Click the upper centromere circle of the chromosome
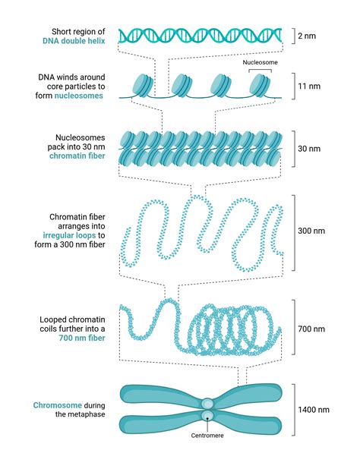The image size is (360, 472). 207,404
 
